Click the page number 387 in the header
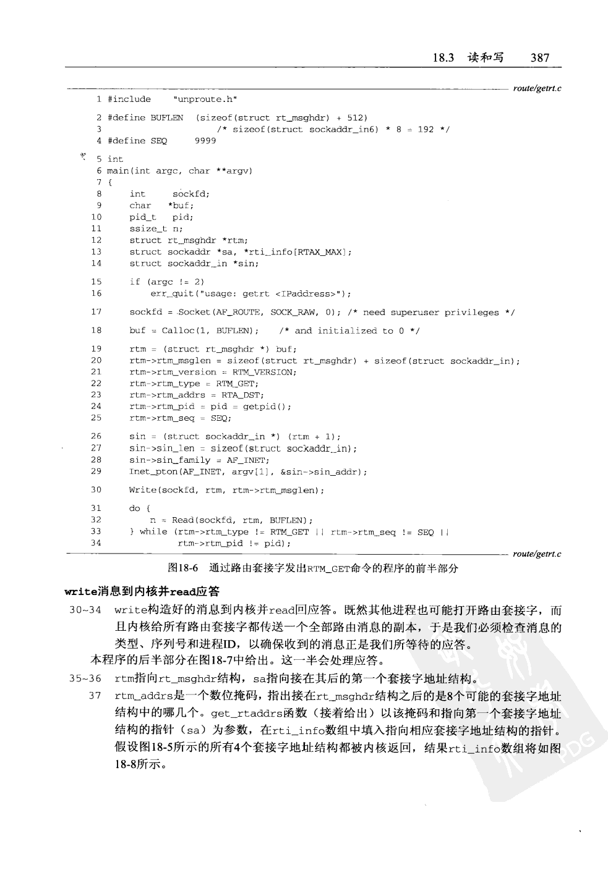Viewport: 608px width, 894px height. point(539,57)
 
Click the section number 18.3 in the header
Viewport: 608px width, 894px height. point(443,57)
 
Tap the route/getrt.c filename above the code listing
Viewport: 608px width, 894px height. point(537,88)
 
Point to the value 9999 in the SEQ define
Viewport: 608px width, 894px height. point(205,141)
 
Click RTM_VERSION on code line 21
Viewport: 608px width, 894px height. point(264,372)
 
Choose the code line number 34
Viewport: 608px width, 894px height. point(96,543)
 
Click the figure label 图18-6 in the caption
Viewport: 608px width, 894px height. point(182,568)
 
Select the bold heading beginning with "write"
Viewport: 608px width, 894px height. point(146,591)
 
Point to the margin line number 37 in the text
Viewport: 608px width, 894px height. point(94,696)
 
